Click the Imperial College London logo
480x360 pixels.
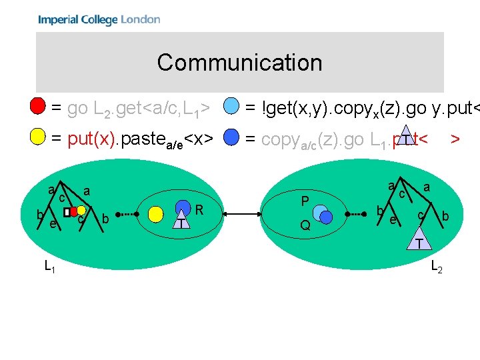click(x=99, y=19)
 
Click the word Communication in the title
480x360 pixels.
click(x=239, y=63)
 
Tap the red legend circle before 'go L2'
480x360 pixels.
click(x=39, y=106)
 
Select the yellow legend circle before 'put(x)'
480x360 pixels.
click(x=39, y=138)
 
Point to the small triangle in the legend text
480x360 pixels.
click(x=404, y=134)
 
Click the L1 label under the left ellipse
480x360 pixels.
click(x=50, y=267)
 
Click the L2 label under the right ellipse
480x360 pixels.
click(x=437, y=267)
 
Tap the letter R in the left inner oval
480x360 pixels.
click(x=199, y=210)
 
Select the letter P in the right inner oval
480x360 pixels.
click(x=305, y=201)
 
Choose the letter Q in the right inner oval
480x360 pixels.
click(x=305, y=226)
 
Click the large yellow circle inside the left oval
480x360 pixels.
click(x=156, y=213)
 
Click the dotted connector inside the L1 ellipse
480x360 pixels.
click(x=123, y=213)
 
